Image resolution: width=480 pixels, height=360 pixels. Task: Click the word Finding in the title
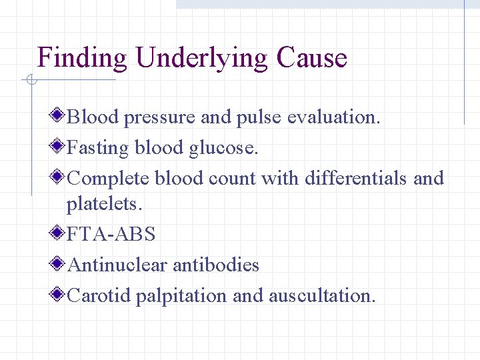pos(82,59)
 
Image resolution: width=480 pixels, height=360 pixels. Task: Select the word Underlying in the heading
pos(201,59)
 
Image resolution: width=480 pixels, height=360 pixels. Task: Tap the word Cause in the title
pos(312,59)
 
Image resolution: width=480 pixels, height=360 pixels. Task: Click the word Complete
pos(109,179)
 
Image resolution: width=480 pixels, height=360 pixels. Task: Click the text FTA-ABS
pos(111,235)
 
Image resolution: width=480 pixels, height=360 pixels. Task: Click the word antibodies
pos(216,265)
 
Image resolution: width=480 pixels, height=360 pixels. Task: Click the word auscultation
pos(322,295)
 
